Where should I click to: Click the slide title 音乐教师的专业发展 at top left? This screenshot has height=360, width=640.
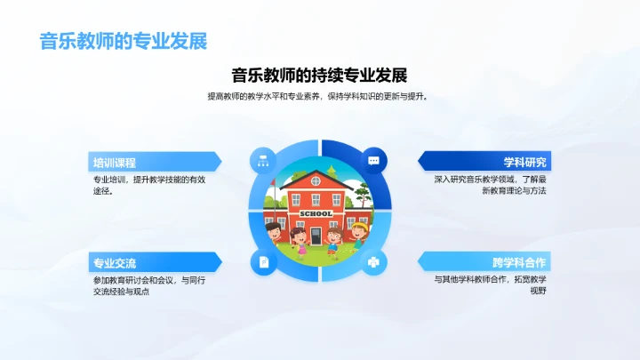[124, 41]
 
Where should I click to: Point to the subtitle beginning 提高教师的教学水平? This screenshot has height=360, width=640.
[319, 96]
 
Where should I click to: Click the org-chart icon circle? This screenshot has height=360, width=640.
[263, 160]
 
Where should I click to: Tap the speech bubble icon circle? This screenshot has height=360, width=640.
[374, 160]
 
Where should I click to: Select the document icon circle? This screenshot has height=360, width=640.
[263, 261]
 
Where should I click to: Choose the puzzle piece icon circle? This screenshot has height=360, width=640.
[374, 261]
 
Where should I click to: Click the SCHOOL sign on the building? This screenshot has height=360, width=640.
[317, 213]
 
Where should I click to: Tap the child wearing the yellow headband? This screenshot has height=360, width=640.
[359, 233]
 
